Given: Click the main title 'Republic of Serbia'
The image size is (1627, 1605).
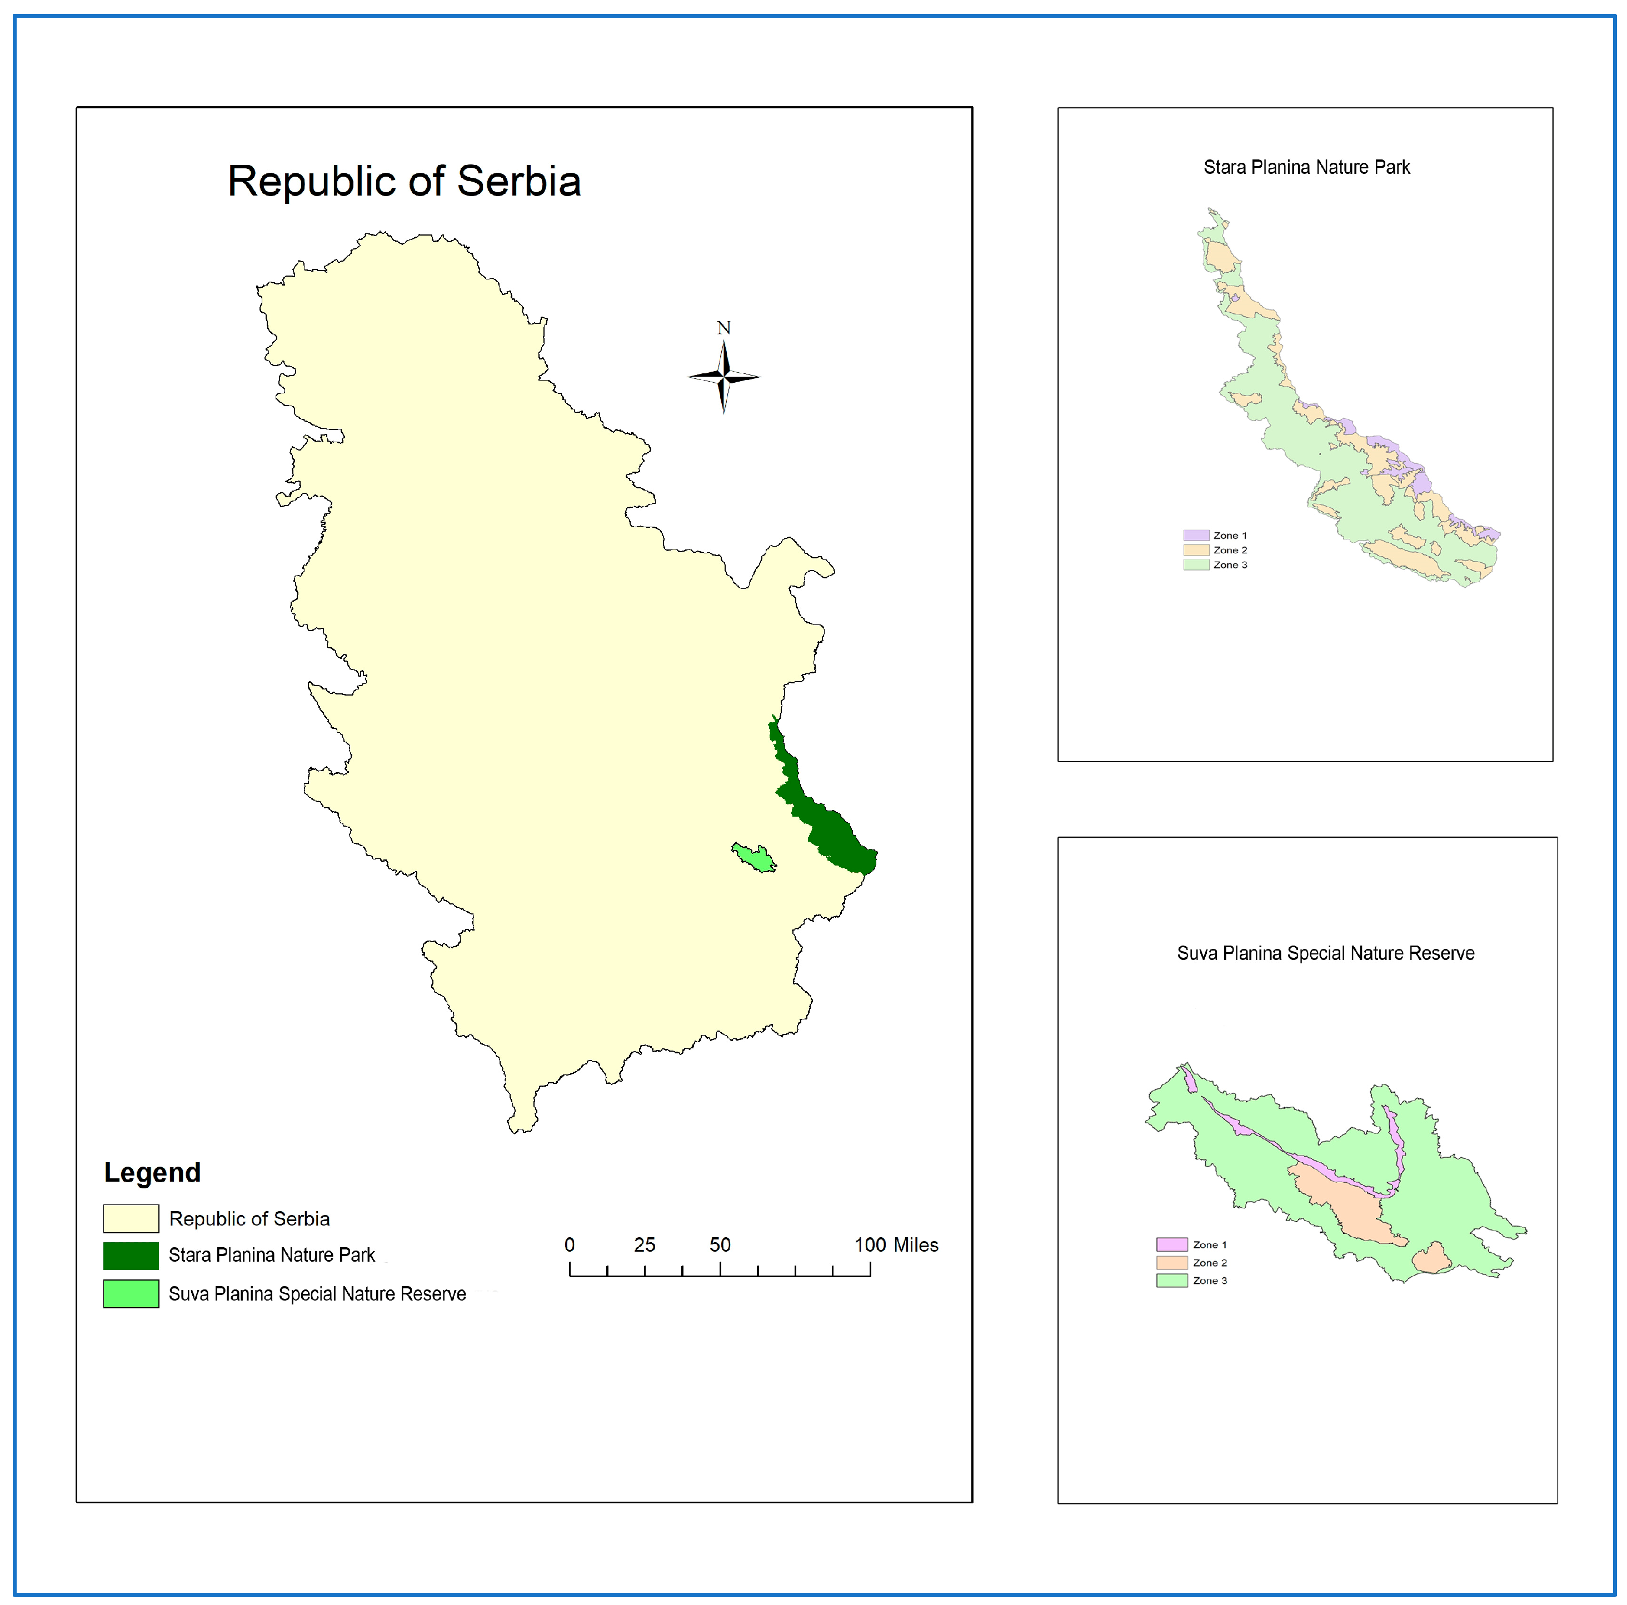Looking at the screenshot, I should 404,181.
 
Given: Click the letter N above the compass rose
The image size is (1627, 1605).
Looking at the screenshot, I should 723,328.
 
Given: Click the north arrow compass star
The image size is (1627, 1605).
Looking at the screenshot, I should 723,377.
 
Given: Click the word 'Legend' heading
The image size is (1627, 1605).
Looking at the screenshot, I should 152,1172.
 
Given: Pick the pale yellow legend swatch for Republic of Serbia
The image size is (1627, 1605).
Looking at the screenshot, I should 131,1218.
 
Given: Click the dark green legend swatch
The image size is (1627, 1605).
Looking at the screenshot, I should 131,1256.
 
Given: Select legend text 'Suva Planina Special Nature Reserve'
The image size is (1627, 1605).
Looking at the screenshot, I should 317,1293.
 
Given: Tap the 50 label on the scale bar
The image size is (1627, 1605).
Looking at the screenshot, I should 720,1244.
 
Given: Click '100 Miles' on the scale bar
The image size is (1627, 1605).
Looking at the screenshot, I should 896,1244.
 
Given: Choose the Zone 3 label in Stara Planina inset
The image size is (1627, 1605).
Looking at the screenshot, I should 1230,565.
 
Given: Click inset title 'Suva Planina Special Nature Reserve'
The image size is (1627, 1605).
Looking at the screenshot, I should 1325,953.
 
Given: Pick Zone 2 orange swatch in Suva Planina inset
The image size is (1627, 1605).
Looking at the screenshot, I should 1171,1262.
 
